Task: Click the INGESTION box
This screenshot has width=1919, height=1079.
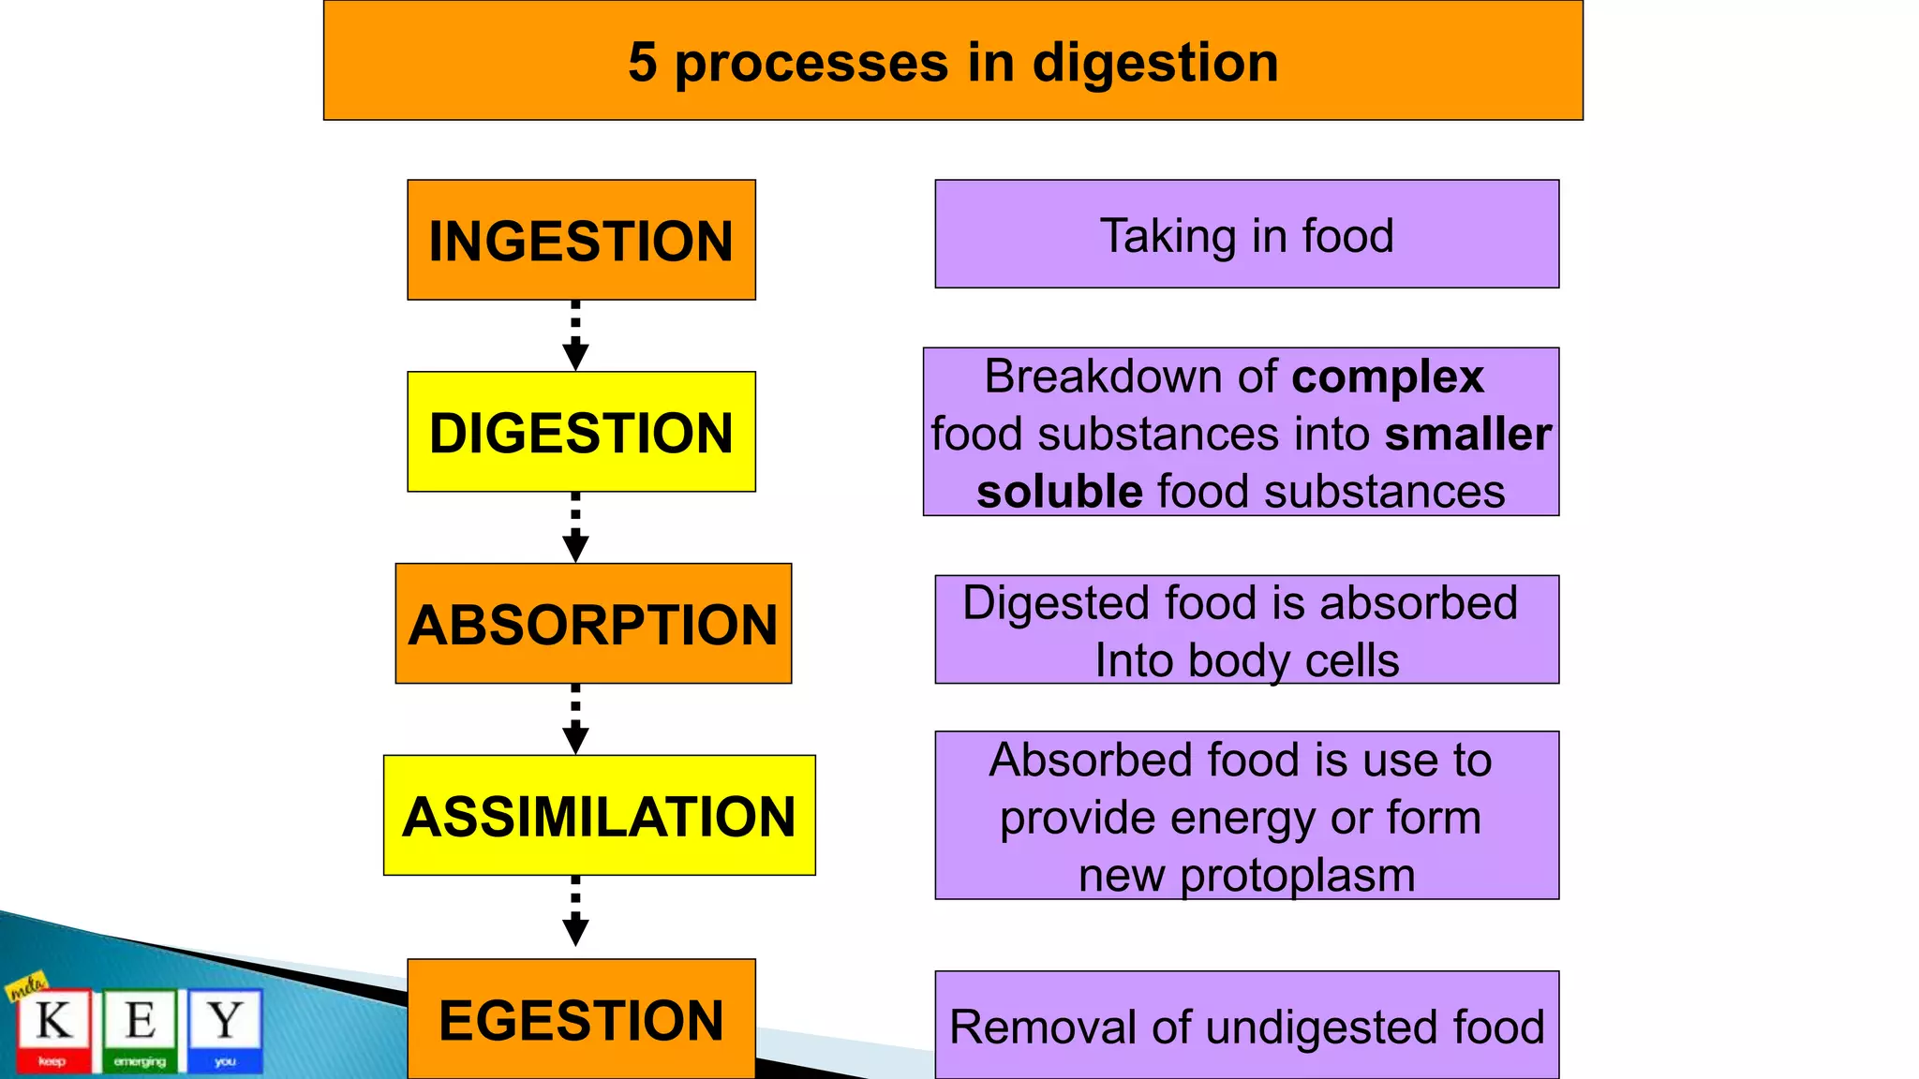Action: coord(581,240)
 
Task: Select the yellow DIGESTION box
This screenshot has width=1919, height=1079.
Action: coord(581,432)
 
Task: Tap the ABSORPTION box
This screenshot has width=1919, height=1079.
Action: coord(593,624)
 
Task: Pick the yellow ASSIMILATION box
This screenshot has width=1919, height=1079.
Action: coord(599,815)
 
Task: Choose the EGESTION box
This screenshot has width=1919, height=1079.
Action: coord(581,1019)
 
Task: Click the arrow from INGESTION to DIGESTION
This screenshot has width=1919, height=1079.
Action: coord(575,336)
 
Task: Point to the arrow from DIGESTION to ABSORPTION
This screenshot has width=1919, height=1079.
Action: coord(575,527)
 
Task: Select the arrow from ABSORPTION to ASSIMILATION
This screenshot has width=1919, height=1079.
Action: coord(575,719)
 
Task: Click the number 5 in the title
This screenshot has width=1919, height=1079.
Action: coord(643,63)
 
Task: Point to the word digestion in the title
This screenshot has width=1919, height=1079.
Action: coord(1155,64)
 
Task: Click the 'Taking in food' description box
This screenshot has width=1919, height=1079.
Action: coord(1246,234)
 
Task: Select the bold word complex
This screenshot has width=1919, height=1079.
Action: coord(1388,377)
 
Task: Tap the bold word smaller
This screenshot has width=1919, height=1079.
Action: coord(1467,435)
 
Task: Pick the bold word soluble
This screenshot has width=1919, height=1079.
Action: coord(1059,492)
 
